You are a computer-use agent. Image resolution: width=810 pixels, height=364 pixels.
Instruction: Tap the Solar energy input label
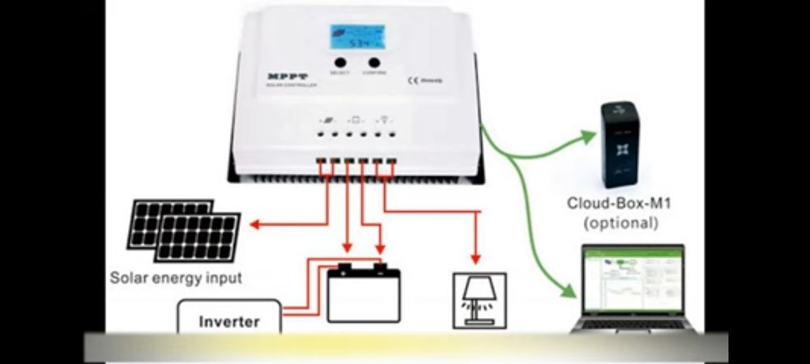(177, 279)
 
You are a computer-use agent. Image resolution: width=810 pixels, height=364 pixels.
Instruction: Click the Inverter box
(229, 321)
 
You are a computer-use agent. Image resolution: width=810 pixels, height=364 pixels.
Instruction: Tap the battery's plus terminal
(378, 265)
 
